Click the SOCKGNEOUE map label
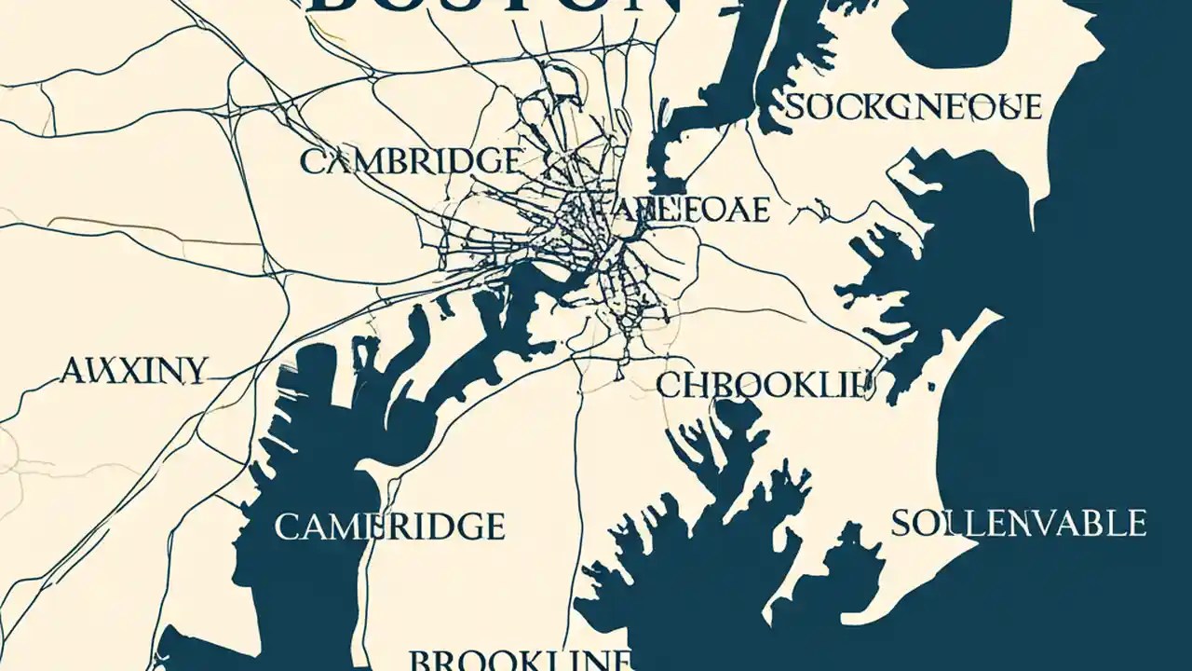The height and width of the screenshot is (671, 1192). tap(914, 107)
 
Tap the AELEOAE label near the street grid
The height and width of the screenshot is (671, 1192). tap(688, 210)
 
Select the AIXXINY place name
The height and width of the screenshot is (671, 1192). tap(132, 371)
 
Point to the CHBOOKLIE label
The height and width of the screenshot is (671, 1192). tap(765, 384)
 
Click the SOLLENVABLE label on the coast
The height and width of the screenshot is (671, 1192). tap(1019, 523)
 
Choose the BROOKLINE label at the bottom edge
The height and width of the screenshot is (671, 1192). tap(520, 660)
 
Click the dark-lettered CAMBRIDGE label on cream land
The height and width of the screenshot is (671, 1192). tap(411, 161)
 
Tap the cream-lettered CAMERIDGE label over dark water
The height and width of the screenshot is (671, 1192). tap(389, 527)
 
